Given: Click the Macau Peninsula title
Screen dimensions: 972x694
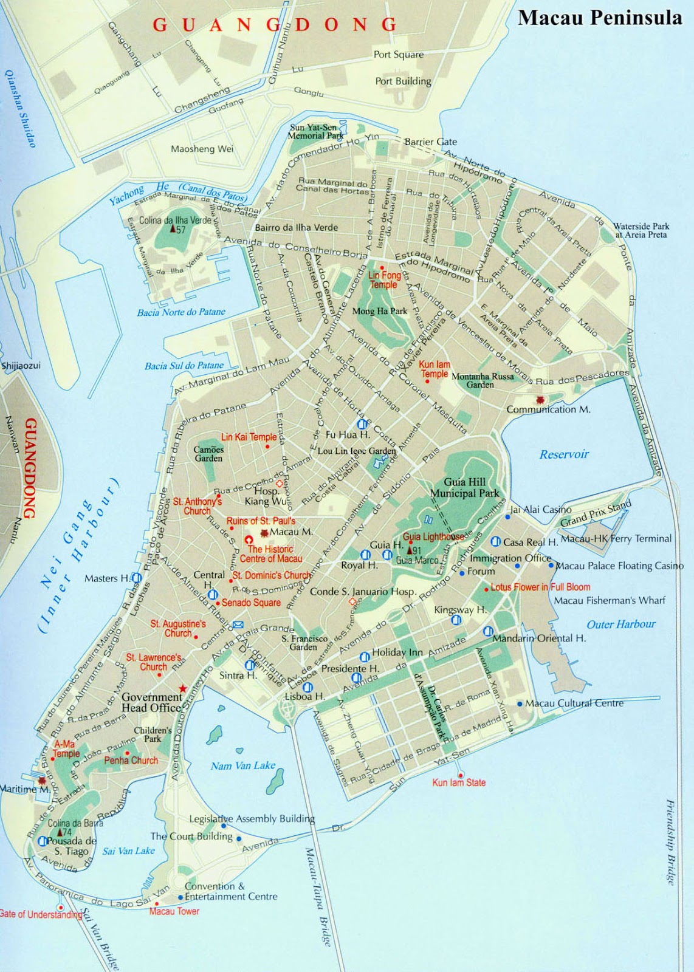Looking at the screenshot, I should tap(599, 18).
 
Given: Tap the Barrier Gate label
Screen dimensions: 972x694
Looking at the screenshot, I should tap(430, 142).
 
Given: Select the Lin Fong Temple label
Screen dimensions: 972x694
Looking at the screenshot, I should tap(384, 280).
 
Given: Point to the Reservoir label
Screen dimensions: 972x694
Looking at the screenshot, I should tap(564, 454).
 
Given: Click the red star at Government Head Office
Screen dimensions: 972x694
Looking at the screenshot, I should tap(182, 688).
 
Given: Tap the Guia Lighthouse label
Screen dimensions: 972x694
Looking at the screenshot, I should tap(433, 537).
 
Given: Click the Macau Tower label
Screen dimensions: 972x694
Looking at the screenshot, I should tap(174, 911).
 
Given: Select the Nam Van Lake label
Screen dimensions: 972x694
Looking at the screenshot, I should tap(243, 766).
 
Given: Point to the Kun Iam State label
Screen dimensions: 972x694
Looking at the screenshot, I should tap(459, 783).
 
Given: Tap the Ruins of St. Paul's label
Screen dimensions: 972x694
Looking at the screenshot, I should tap(261, 521).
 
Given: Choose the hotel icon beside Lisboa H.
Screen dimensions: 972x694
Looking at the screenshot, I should tap(307, 687).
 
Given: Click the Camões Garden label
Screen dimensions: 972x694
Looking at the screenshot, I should tap(208, 454).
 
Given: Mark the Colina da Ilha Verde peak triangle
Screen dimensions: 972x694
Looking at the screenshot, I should tap(173, 229).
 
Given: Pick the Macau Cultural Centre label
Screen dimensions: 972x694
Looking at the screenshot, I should tap(574, 703).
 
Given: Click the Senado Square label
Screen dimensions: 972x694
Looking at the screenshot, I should tap(251, 603).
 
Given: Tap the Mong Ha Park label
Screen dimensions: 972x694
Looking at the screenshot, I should tap(380, 311).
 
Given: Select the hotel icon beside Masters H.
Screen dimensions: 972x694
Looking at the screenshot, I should tap(137, 578).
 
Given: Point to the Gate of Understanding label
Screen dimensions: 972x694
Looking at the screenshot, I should tap(41, 915).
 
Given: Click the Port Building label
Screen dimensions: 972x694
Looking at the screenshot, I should tap(403, 81).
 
